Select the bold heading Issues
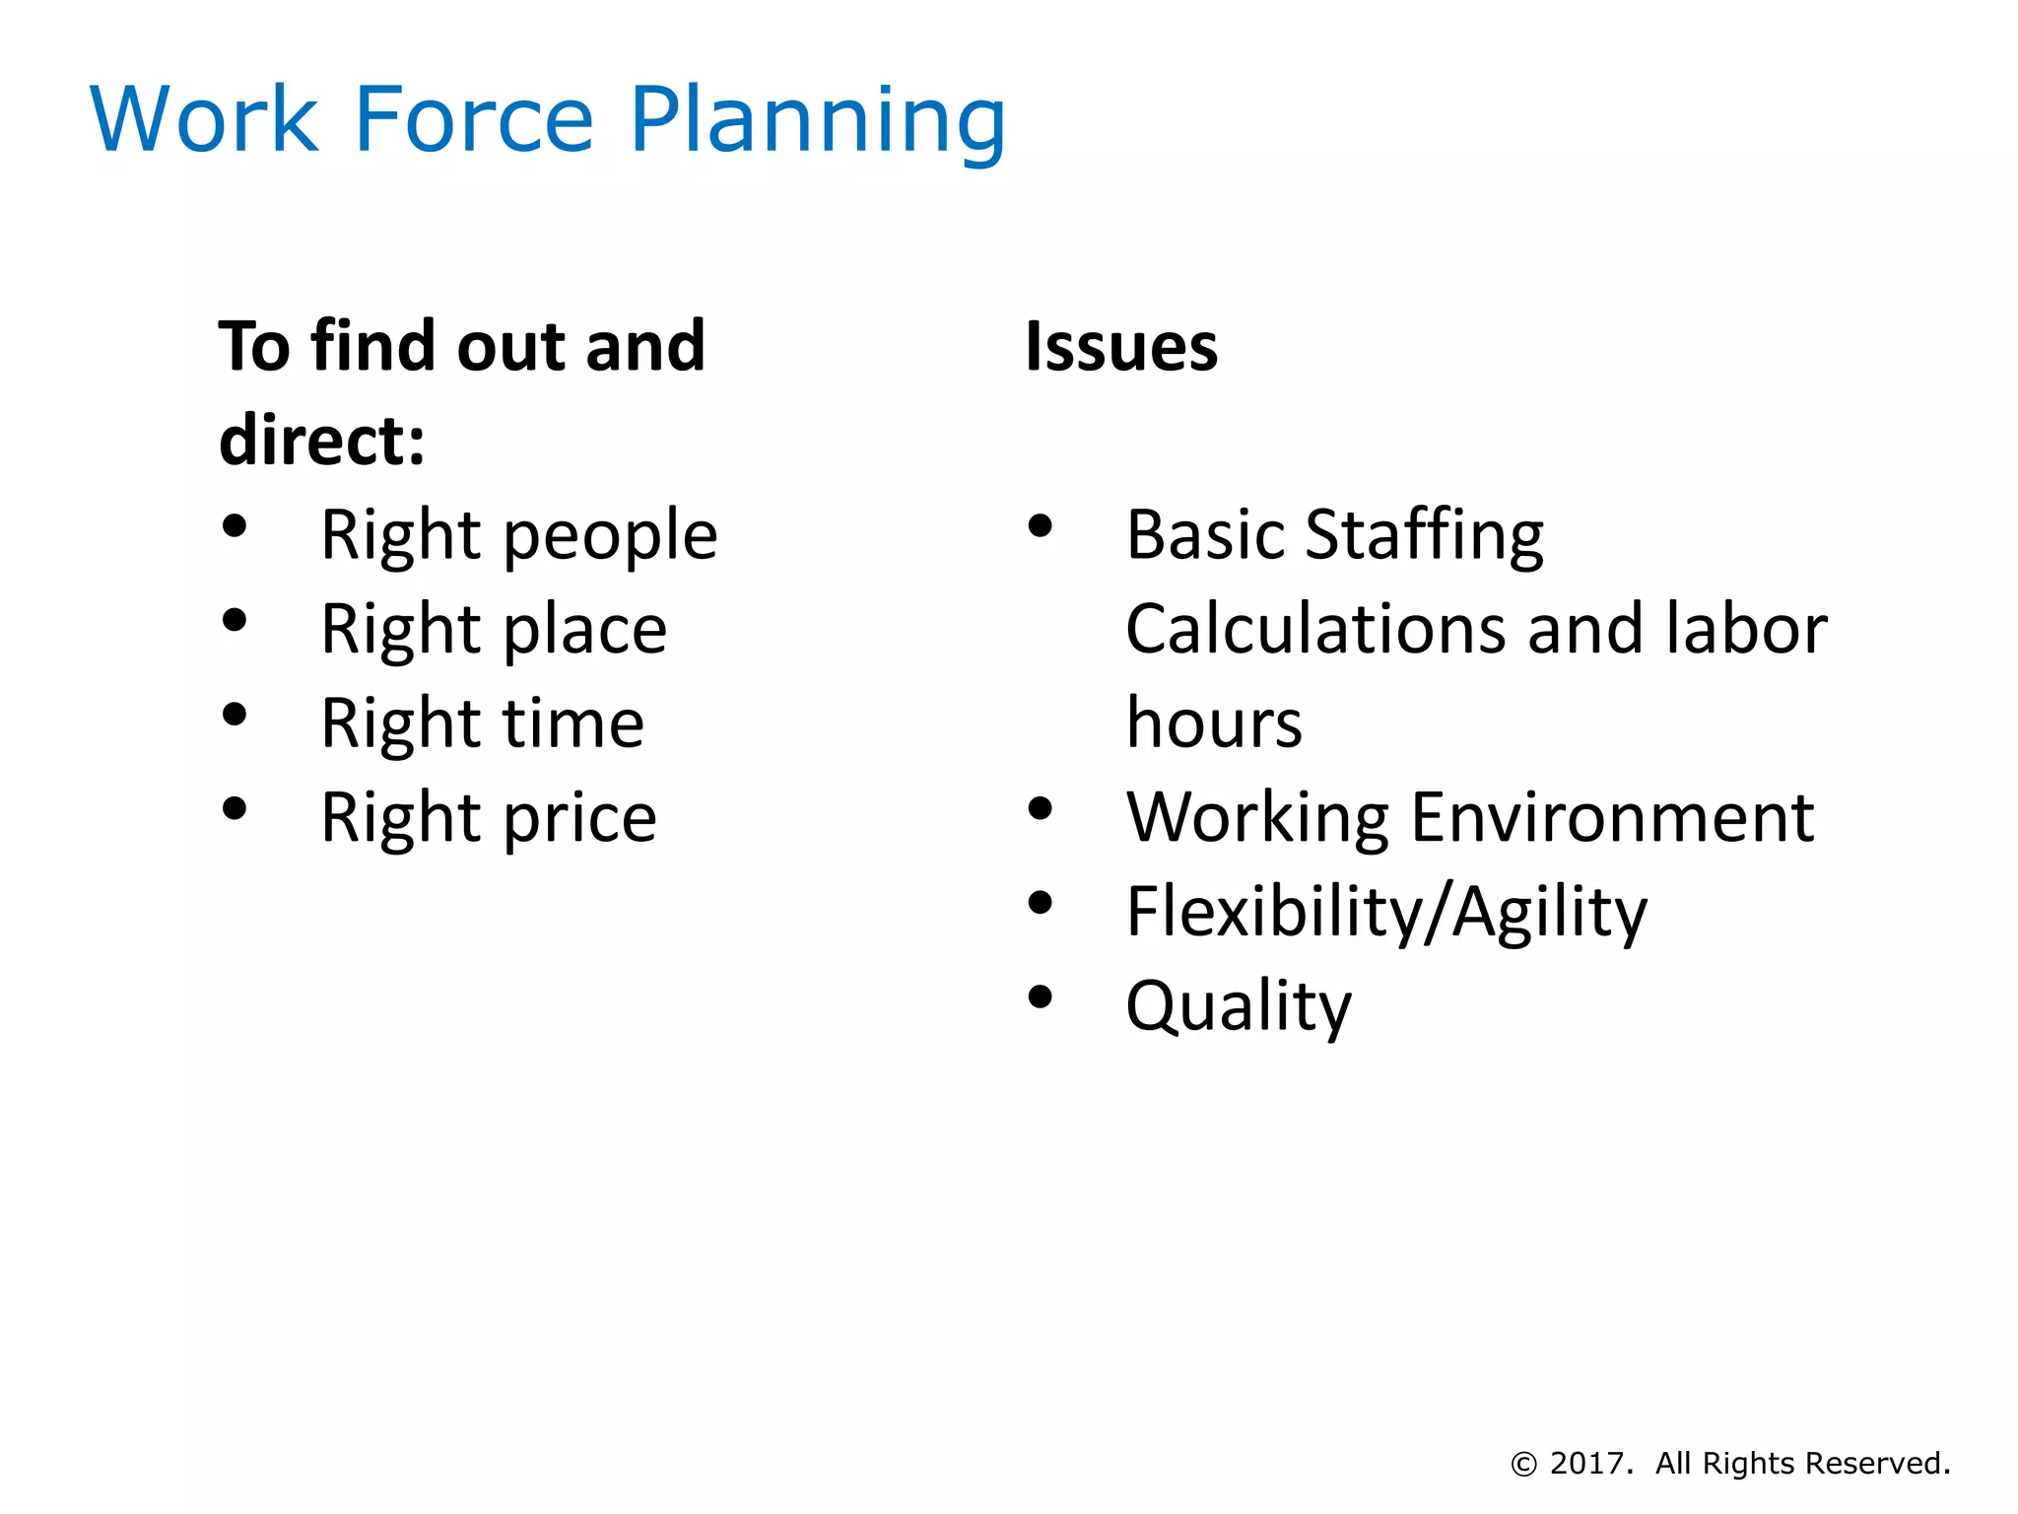pyautogui.click(x=1121, y=347)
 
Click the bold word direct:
pyautogui.click(x=322, y=440)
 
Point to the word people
pyautogui.click(x=611, y=537)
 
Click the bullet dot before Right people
pyautogui.click(x=235, y=525)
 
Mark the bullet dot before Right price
pyautogui.click(x=235, y=808)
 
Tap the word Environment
pyautogui.click(x=1612, y=817)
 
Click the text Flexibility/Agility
pyautogui.click(x=1386, y=912)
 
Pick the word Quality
pyautogui.click(x=1239, y=1006)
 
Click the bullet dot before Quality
pyautogui.click(x=1040, y=998)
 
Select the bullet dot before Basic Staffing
pyautogui.click(x=1040, y=525)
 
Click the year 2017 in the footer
pyautogui.click(x=1585, y=1464)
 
